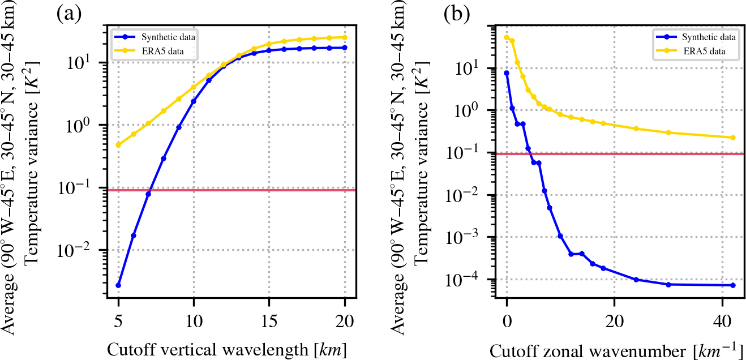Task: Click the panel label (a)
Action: click(70, 13)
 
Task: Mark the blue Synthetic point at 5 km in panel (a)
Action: click(118, 285)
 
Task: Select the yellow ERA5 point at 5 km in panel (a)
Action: click(118, 145)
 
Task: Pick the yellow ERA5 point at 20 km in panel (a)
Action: click(344, 37)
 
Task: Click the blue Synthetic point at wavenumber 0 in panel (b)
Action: click(507, 73)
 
